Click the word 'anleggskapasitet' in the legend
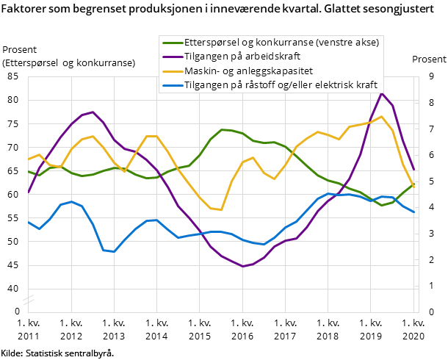275,71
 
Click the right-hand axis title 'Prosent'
427,60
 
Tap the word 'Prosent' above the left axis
20,51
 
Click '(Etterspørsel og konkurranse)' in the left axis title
69,63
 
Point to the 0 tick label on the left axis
16,312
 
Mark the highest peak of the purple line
381,93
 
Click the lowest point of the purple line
243,266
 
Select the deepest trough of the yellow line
220,210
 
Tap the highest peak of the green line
222,129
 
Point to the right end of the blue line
414,212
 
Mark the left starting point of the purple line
29,192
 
